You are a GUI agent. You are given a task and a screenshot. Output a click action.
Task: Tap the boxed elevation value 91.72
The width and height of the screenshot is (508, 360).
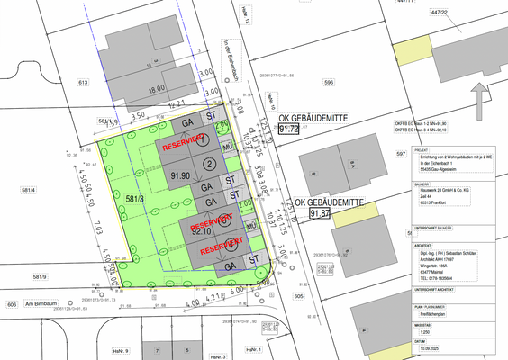[289, 130]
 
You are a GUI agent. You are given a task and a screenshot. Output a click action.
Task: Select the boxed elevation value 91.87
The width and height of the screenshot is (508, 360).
[319, 213]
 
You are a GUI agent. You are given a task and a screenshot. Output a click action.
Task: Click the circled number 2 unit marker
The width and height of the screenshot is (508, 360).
[209, 163]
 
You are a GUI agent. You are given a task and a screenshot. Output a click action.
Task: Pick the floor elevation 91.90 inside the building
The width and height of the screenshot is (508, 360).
[180, 176]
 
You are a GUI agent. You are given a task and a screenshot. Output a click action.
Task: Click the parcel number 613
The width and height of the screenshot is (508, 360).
[83, 81]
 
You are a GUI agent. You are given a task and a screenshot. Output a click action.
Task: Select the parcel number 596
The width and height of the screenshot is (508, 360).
[329, 82]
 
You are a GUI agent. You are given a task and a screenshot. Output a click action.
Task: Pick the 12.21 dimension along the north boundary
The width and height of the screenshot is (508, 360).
[177, 103]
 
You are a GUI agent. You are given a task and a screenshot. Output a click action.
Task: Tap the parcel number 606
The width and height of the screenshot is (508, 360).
[11, 306]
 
